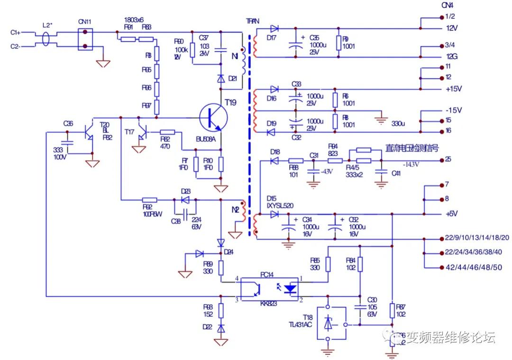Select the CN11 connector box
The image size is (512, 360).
click(85, 39)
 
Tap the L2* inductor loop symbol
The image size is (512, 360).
click(46, 39)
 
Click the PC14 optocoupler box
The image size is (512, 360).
click(269, 288)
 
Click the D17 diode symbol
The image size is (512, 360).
click(274, 28)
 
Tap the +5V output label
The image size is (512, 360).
click(452, 214)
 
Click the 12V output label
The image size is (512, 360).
click(452, 28)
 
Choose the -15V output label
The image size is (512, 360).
click(453, 110)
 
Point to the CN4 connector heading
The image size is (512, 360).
click(447, 6)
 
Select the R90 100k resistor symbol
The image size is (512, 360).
click(192, 50)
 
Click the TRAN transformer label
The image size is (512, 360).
click(252, 21)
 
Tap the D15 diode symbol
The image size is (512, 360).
click(274, 214)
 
